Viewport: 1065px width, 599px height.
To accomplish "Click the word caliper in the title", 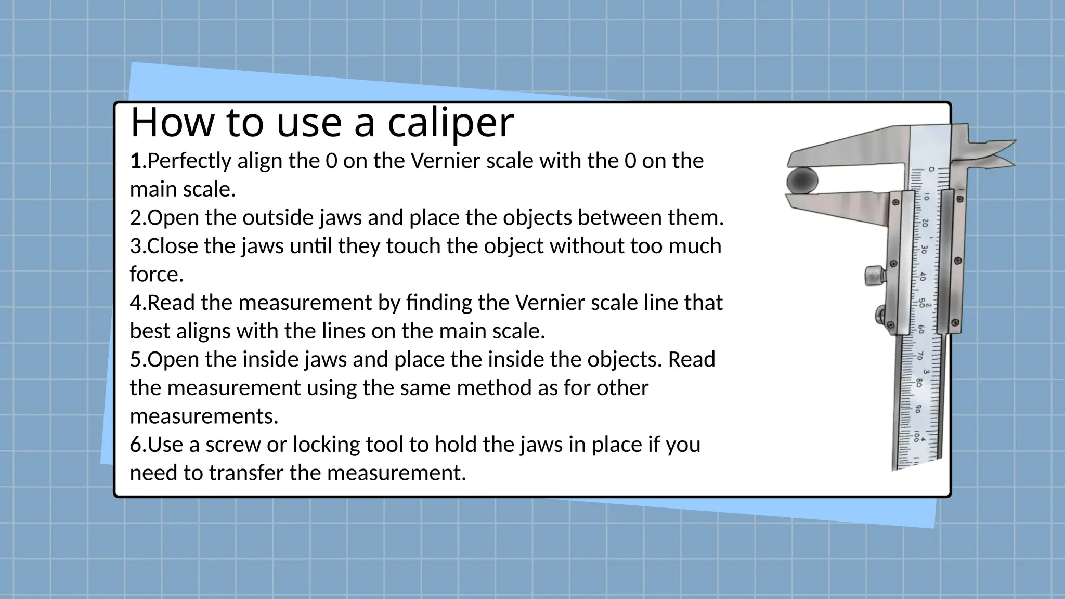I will [x=450, y=123].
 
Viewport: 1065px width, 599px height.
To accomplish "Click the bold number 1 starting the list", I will [x=136, y=161].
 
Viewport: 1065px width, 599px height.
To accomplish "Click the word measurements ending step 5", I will [x=203, y=416].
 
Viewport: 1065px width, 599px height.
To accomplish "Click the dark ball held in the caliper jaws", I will [x=802, y=181].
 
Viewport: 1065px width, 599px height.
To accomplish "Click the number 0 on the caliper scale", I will [x=931, y=170].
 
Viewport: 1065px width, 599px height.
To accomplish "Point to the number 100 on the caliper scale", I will [x=916, y=436].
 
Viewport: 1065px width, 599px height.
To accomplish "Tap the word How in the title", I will [x=172, y=123].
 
